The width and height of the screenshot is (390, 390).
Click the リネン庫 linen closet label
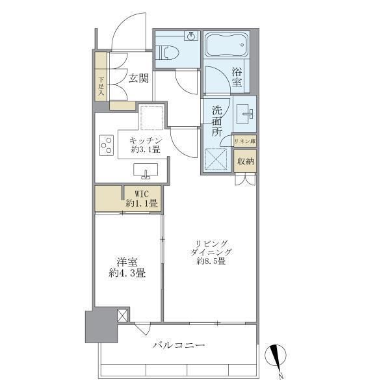245,141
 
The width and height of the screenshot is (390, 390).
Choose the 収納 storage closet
245,161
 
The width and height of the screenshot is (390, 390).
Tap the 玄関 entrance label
138,79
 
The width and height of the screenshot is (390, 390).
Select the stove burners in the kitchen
105,146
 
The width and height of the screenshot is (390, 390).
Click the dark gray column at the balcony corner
99,327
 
